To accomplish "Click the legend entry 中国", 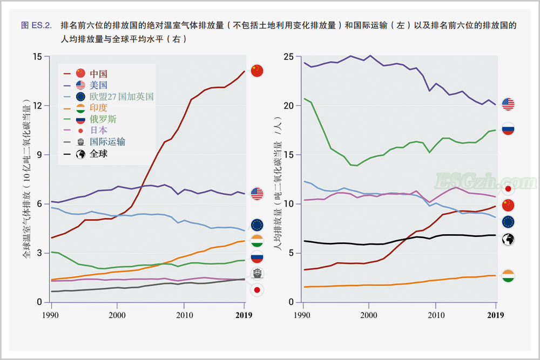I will [x=98, y=73].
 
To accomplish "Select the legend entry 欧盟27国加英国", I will [x=122, y=96].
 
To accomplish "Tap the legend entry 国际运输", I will [x=107, y=142].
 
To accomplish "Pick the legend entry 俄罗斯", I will [x=103, y=119].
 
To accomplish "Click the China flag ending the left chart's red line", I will [x=257, y=70].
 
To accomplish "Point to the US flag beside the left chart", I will [x=257, y=194].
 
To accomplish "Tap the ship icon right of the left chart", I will [x=257, y=273].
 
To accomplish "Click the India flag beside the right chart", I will [x=508, y=276].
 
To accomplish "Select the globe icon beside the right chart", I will [x=508, y=240].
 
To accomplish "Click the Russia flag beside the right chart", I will [x=508, y=129].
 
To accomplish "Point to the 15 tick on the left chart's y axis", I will [x=37, y=57].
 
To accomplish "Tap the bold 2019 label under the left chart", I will [x=245, y=315].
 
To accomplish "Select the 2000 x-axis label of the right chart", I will [x=369, y=315].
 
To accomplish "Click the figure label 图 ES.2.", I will [x=36, y=25].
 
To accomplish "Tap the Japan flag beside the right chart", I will [x=508, y=189].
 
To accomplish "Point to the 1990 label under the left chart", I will [x=51, y=315].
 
